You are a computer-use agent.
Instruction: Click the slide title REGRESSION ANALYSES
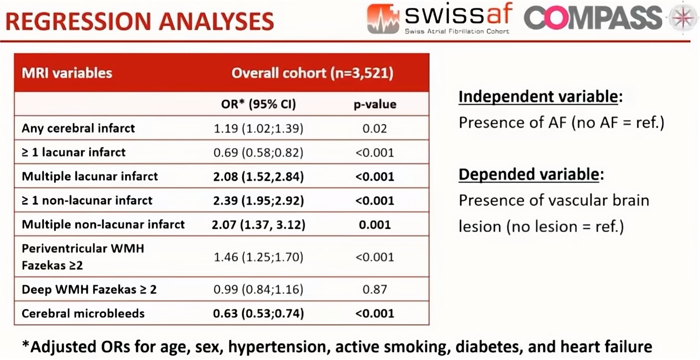[140, 21]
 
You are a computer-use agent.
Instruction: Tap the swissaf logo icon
[383, 18]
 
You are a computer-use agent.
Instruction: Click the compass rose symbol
[683, 18]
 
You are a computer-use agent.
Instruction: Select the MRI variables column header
[67, 73]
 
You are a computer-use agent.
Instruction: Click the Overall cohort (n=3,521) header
[312, 73]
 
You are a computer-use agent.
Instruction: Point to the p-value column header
[375, 104]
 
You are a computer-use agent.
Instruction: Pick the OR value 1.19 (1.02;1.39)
[258, 128]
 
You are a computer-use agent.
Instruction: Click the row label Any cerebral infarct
[78, 128]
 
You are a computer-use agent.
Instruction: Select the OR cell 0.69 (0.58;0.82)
[258, 152]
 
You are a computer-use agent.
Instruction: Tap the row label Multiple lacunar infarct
[89, 176]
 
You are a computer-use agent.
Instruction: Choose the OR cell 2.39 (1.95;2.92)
[258, 200]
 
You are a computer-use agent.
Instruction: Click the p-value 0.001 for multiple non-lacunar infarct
[375, 225]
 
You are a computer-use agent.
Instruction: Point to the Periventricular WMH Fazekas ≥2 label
[82, 257]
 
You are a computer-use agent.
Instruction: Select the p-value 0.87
[375, 290]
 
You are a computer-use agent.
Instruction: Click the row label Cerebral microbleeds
[83, 314]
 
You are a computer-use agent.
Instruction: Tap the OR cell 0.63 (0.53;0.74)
[258, 314]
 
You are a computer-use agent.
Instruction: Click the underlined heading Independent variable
[538, 96]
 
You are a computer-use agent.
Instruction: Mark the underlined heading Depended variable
[529, 174]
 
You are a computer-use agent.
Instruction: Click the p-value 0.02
[375, 128]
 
